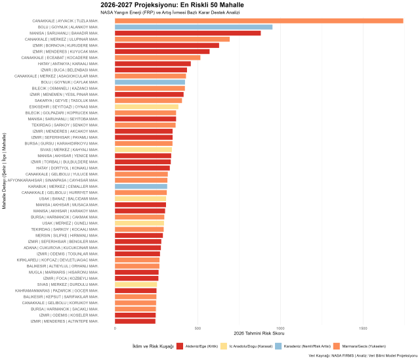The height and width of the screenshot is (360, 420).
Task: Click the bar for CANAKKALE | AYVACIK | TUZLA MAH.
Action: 259,20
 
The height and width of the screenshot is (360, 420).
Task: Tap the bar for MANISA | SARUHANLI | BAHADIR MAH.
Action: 188,33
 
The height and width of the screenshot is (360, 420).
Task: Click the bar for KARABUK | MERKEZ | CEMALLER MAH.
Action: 141,186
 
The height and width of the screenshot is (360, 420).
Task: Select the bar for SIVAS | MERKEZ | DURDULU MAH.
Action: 136,284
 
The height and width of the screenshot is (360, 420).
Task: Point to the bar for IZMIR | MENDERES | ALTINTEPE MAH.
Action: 135,321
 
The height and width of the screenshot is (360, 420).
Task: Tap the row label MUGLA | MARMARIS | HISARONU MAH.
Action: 63,272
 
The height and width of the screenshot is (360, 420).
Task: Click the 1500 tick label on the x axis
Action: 363,328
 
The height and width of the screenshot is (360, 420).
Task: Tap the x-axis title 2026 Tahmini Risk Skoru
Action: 259,335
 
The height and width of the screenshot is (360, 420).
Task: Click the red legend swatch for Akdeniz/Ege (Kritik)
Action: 180,346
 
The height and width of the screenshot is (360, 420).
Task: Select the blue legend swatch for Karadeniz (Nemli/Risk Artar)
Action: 278,346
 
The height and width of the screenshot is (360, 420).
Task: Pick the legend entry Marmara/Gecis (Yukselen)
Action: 362,346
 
